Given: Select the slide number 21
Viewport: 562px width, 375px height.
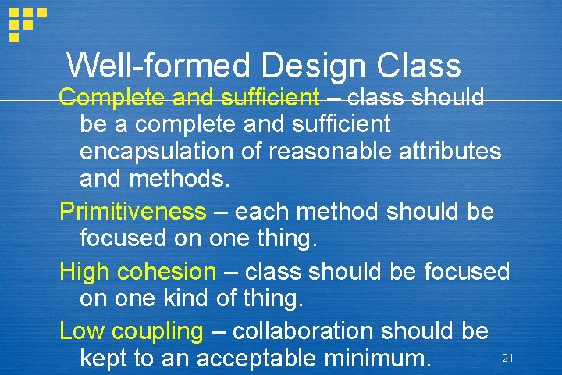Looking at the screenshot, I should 507,358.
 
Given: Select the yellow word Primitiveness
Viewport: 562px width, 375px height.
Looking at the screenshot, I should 133,211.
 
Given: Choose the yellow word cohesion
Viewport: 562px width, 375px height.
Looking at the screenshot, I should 166,272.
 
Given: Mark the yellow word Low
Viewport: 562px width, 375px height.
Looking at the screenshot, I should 82,330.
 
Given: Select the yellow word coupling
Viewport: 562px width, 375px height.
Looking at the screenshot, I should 158,331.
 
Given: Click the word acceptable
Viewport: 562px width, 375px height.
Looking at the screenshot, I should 265,359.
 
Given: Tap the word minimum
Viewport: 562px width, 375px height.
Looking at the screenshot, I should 381,359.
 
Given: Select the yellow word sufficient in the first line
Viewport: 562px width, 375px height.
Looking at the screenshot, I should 270,98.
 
